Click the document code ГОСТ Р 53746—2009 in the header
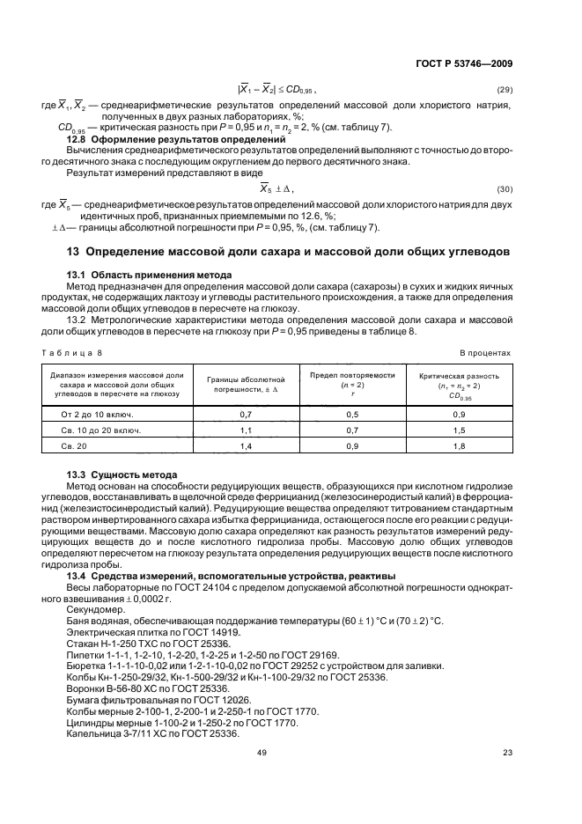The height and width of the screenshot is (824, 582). coord(463,63)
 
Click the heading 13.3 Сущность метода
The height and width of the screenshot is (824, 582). coord(122,475)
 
